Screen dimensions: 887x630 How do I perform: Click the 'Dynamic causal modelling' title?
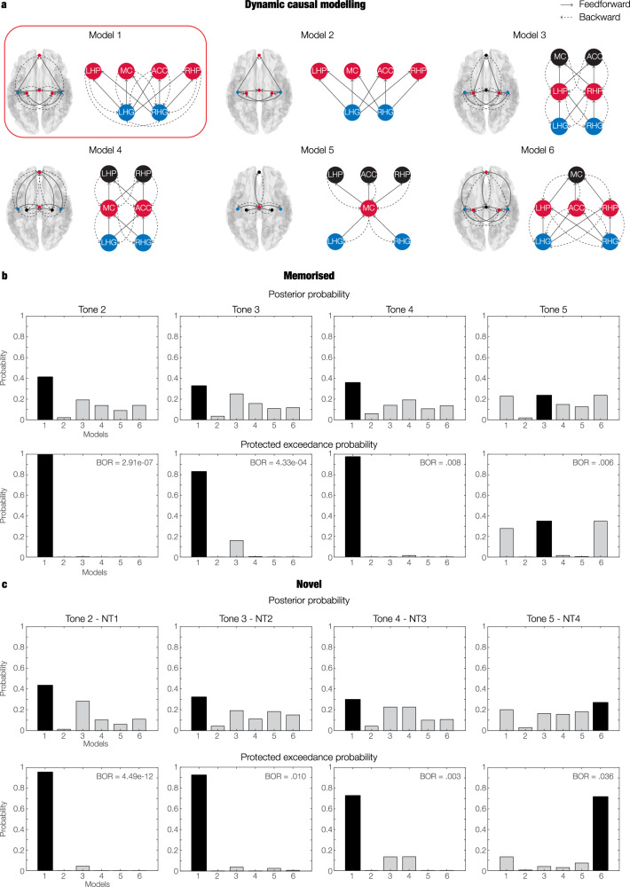pos(314,7)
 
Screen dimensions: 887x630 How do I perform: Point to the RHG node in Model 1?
pos(161,113)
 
